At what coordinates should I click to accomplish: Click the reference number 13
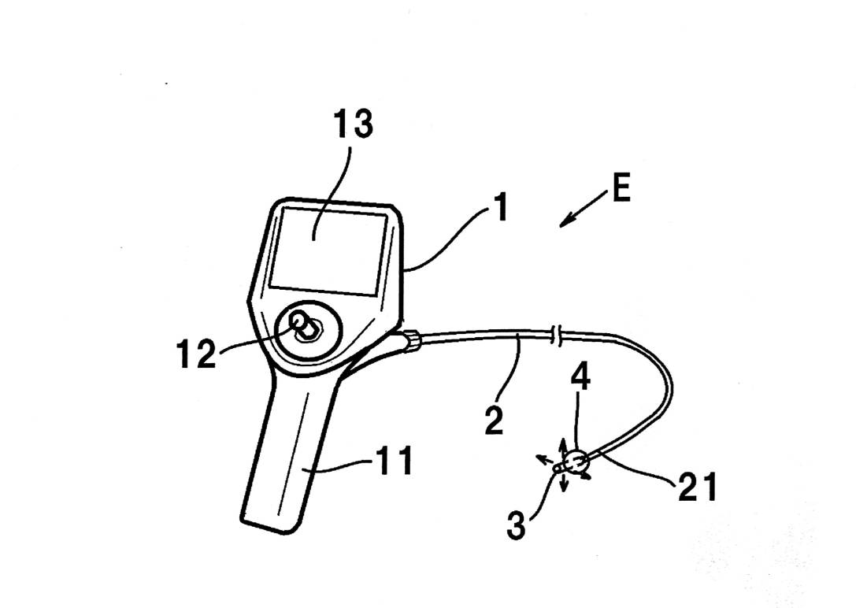tap(353, 124)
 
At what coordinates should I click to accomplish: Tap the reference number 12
tap(194, 354)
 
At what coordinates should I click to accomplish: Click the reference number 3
tap(516, 525)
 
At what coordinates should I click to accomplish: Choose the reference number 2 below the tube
tap(493, 421)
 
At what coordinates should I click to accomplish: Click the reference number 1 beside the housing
tap(498, 208)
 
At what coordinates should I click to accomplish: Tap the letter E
tap(621, 191)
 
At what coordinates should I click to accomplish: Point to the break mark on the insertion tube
tap(558, 334)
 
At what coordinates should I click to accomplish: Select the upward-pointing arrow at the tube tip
tap(563, 446)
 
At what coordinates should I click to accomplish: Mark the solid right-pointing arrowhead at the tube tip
tap(587, 475)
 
